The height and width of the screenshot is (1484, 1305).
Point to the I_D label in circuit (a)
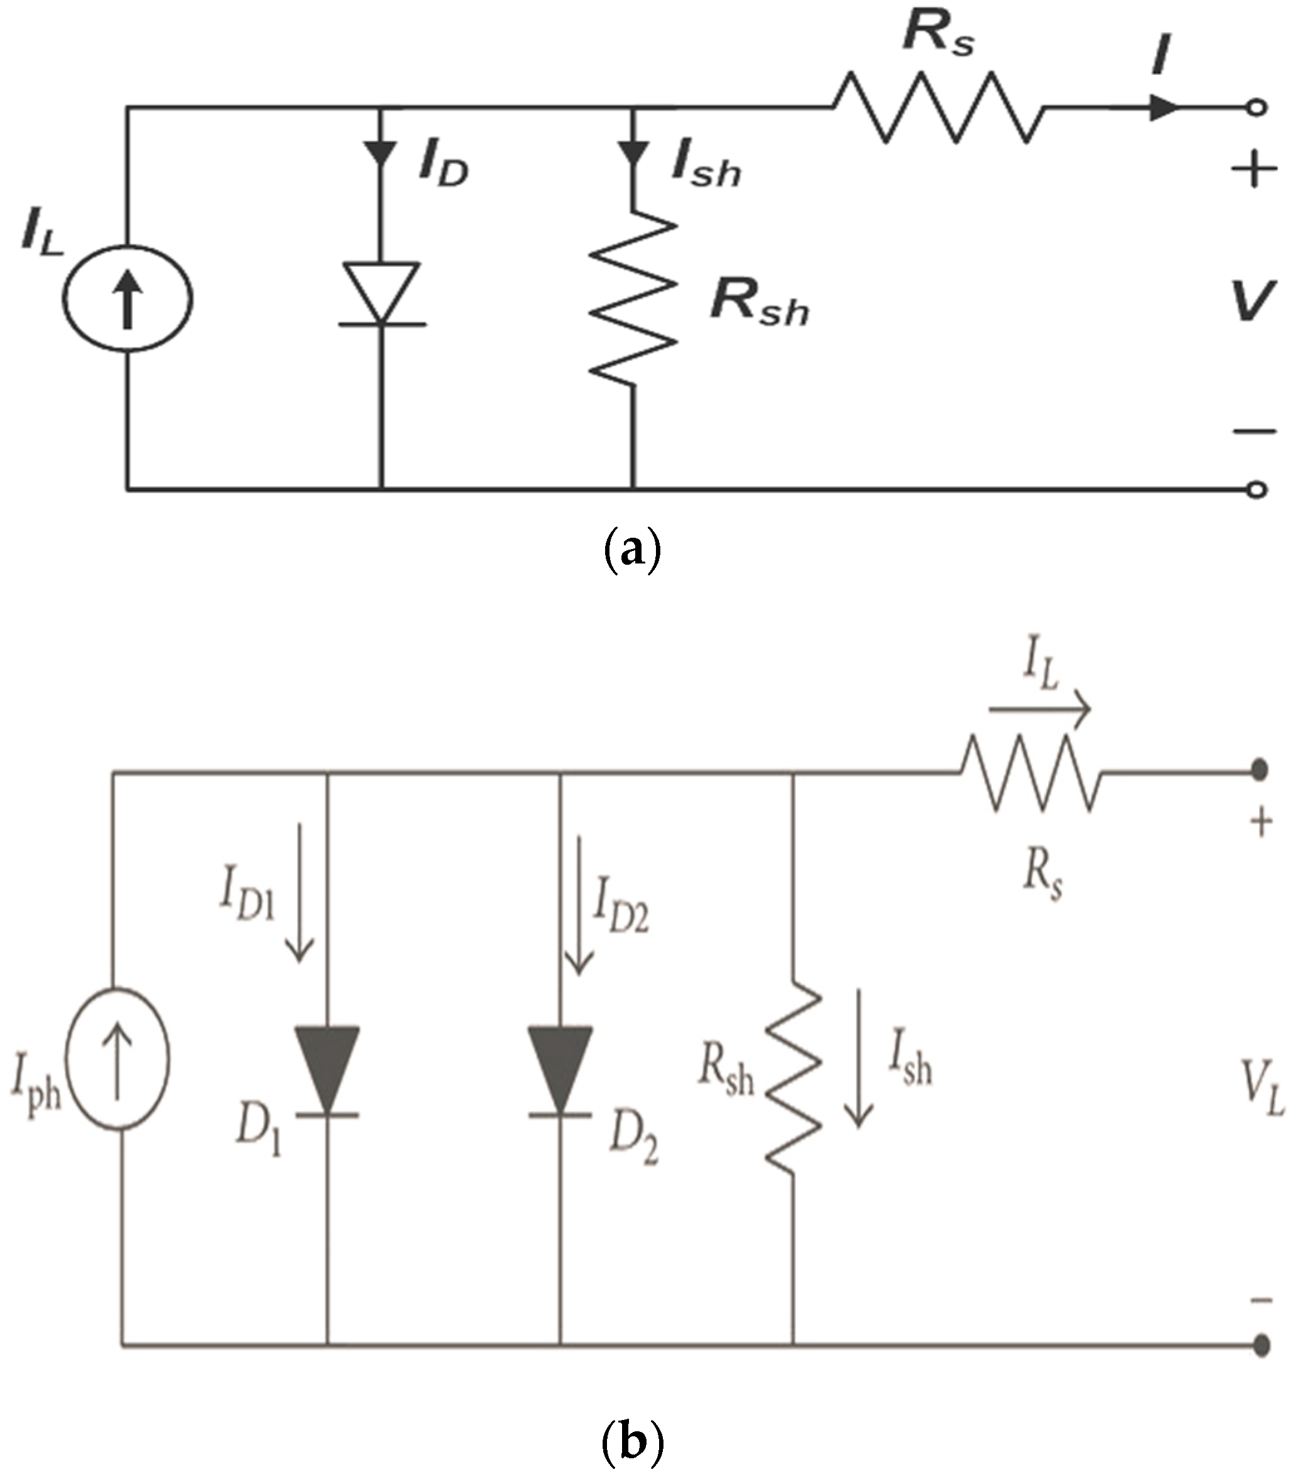443,167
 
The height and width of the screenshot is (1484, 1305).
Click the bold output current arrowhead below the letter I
1163,107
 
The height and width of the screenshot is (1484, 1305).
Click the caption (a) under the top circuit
633,553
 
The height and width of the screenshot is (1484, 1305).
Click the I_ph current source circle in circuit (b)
117,1059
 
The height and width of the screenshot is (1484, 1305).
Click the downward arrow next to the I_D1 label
298,893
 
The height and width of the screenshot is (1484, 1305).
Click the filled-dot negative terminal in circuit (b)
1262,1345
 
